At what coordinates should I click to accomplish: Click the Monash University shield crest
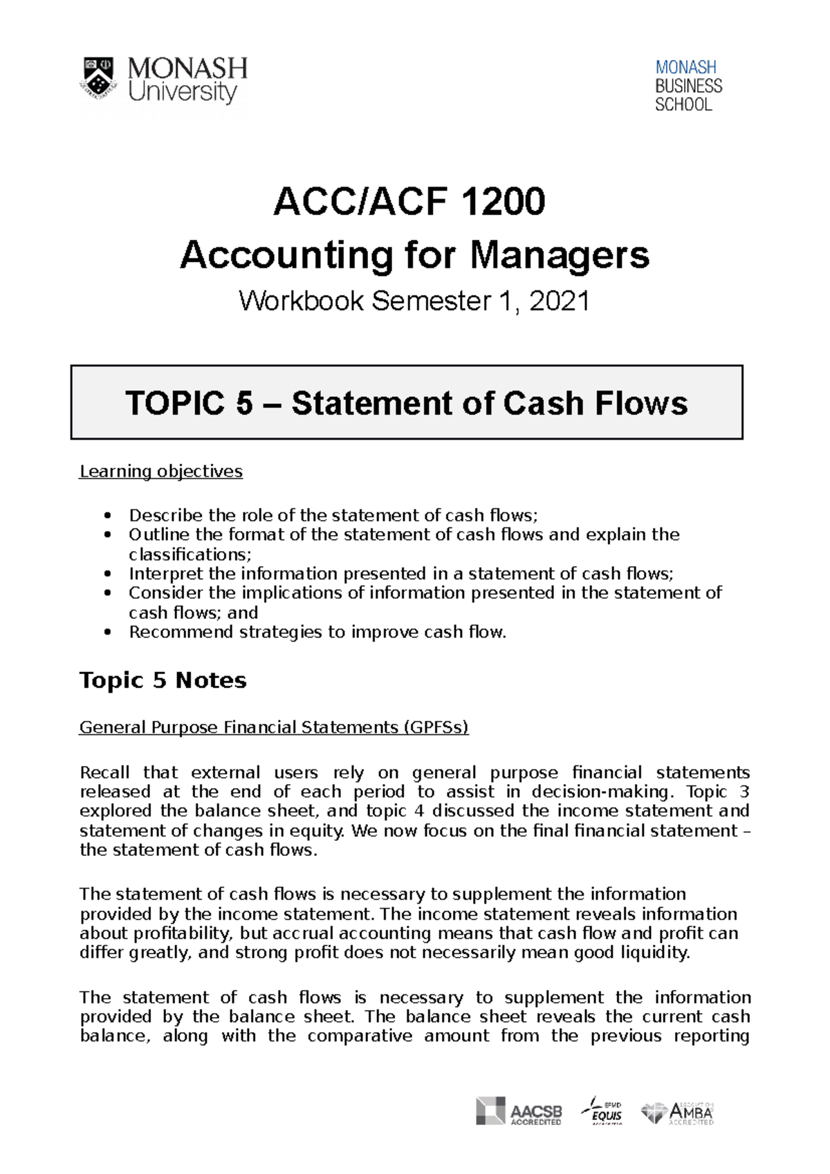click(98, 77)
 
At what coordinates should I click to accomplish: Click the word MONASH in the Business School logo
click(685, 68)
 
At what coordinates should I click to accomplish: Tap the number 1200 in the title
click(502, 202)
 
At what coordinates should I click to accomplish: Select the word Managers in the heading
click(560, 255)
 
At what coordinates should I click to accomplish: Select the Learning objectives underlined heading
click(160, 472)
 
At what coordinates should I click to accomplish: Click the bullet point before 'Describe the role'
click(107, 516)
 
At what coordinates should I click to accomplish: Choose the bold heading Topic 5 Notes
click(163, 680)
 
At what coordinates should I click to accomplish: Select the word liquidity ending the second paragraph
click(654, 953)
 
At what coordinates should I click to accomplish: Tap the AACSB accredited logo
click(519, 1111)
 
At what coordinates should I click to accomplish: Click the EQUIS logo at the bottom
click(602, 1110)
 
